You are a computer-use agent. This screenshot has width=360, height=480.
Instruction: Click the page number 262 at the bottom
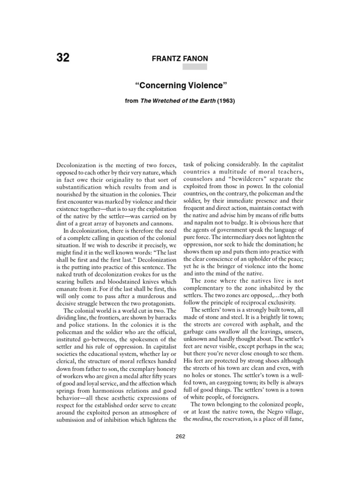180,436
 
